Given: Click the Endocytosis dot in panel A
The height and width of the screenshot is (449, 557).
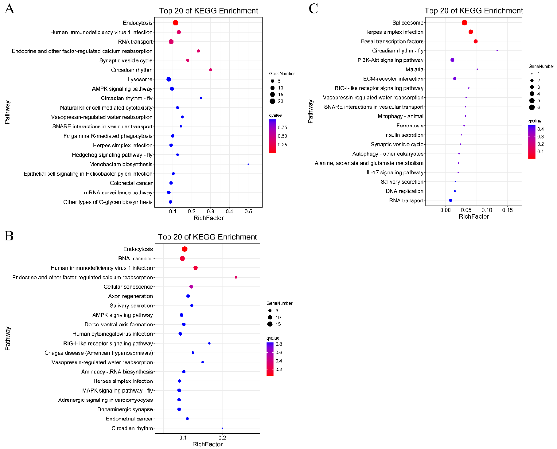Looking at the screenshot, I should [x=175, y=23].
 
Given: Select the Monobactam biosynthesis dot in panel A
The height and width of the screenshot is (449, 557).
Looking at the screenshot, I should [x=248, y=164].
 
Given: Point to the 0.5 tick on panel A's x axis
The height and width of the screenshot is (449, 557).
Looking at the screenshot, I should [x=248, y=212].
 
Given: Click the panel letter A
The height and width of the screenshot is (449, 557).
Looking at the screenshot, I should [x=10, y=9].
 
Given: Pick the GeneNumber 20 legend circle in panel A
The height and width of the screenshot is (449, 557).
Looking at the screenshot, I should [x=272, y=101].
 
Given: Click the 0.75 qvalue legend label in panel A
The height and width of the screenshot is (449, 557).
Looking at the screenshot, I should [x=282, y=128].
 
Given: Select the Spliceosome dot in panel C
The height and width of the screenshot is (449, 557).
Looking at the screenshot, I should [x=464, y=23].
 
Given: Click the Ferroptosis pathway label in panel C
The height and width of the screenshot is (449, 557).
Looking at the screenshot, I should [x=410, y=126].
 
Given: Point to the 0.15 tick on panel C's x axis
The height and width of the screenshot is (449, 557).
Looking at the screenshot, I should [x=507, y=210].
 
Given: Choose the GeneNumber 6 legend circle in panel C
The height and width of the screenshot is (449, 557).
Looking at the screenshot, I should [x=532, y=107].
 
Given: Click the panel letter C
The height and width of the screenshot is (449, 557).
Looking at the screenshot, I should [x=313, y=9].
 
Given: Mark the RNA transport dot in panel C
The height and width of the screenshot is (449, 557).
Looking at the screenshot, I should [x=450, y=200].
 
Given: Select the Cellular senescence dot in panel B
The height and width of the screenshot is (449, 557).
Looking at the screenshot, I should [x=191, y=287].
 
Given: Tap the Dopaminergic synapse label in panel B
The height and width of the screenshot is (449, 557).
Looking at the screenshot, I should [x=125, y=409].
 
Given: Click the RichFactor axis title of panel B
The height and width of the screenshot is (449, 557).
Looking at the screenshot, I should [x=208, y=444].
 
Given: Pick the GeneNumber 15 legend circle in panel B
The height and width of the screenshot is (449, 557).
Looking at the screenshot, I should [x=270, y=324].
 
